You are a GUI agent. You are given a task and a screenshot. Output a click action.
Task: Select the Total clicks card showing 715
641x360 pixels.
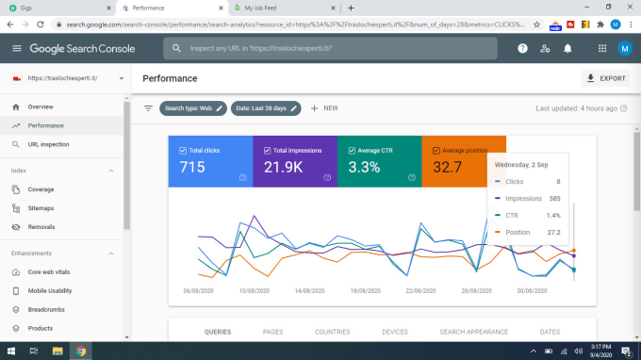(210, 160)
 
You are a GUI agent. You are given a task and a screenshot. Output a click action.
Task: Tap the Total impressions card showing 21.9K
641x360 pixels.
(294, 160)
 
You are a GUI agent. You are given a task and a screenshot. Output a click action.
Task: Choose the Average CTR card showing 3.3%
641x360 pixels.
(378, 160)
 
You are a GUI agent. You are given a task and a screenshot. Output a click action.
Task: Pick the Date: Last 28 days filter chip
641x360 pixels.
(266, 108)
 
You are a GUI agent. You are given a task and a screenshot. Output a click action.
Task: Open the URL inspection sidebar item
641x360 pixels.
(48, 144)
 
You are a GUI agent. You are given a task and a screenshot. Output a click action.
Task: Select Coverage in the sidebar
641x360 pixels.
(41, 189)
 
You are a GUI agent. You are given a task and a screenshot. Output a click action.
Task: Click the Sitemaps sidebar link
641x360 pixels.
(41, 208)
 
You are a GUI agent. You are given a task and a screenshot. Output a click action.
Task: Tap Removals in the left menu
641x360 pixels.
(41, 227)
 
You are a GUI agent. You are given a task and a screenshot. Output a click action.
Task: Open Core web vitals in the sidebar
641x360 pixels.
(49, 271)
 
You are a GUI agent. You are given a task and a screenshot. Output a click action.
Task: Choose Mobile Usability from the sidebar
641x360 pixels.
(49, 290)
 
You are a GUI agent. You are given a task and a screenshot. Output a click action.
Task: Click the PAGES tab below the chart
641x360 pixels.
(273, 332)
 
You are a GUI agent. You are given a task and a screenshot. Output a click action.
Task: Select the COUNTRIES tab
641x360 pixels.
(333, 332)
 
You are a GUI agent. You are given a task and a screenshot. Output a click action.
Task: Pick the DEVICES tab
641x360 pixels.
(395, 332)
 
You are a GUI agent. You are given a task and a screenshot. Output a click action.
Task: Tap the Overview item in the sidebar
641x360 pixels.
(41, 106)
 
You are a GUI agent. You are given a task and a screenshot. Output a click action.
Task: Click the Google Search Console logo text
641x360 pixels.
(83, 48)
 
